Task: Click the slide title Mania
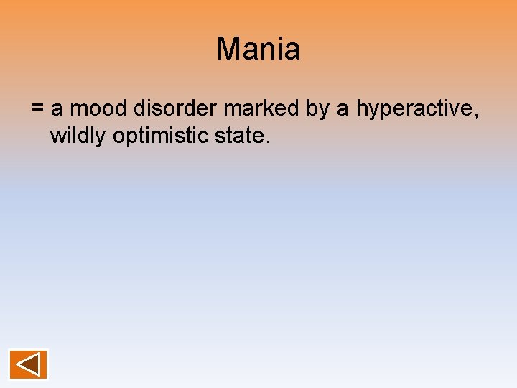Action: tap(258, 50)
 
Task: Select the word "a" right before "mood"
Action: tap(57, 110)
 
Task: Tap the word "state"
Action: tap(241, 136)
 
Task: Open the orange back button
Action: tap(28, 364)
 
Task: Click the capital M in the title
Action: tap(228, 50)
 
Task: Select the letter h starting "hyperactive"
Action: tap(361, 109)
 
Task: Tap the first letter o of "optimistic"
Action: tap(118, 137)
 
